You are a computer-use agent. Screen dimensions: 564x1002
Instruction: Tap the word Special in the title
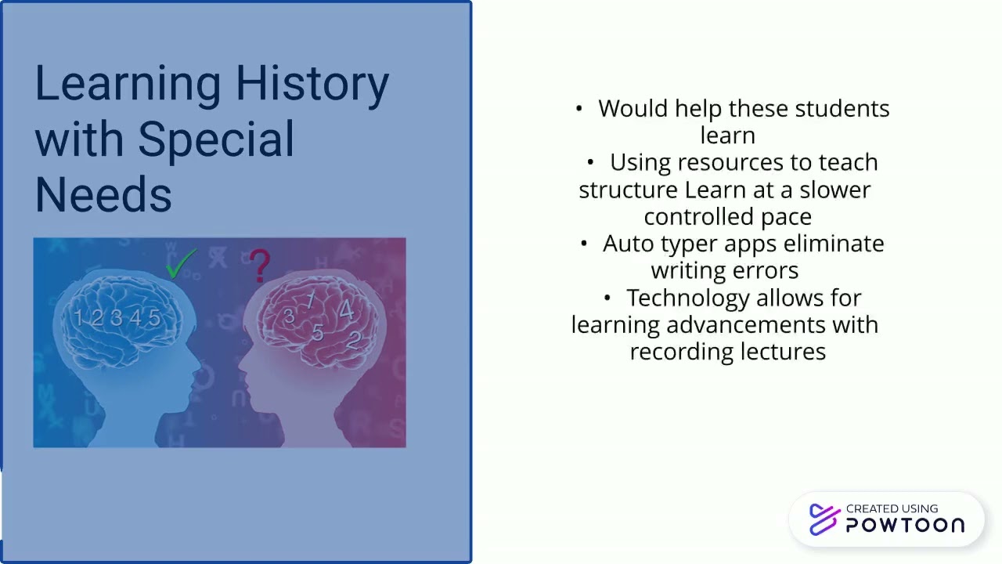[x=216, y=139]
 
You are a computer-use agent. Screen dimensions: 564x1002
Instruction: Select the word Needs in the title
[x=103, y=194]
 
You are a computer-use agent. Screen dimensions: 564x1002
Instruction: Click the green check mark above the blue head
[x=181, y=264]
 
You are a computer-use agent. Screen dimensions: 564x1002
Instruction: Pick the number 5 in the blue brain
[x=154, y=318]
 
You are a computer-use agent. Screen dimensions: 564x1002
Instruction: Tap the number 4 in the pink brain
[x=345, y=310]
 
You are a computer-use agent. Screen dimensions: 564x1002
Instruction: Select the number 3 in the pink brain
[x=289, y=316]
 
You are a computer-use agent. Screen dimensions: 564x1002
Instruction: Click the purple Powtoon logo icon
[x=824, y=519]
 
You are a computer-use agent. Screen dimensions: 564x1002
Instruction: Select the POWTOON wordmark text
[x=905, y=526]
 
